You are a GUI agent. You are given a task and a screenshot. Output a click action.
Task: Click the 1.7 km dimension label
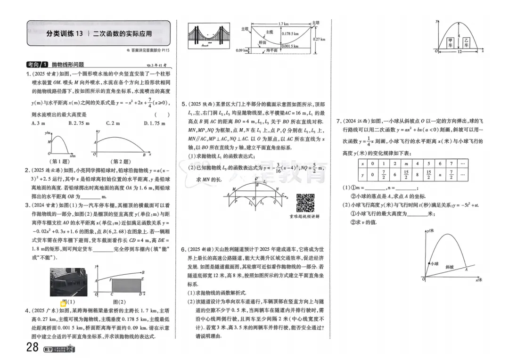(283, 24)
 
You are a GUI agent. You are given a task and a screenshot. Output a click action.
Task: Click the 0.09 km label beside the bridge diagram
(242, 50)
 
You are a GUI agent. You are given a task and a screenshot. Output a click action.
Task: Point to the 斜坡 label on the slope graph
(450, 267)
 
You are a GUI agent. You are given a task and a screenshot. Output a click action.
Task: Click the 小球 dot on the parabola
(429, 263)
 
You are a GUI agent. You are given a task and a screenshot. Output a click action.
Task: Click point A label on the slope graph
(466, 269)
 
